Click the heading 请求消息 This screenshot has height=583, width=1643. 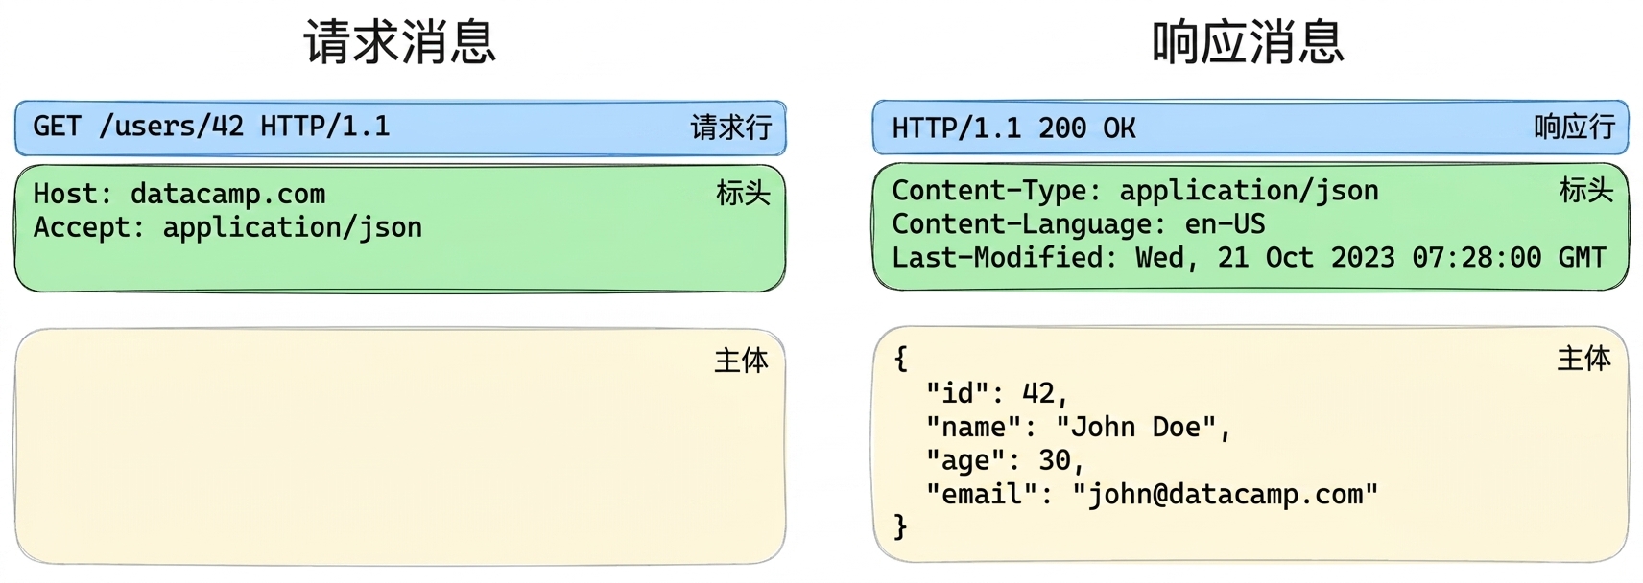(400, 42)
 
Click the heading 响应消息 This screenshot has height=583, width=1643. (1248, 42)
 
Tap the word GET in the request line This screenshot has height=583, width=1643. (57, 126)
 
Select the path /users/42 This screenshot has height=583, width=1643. (171, 126)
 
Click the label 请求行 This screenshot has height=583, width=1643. (730, 128)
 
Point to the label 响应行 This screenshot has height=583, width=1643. (1574, 127)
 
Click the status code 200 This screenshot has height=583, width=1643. (1062, 128)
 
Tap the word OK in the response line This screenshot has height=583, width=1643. (1119, 128)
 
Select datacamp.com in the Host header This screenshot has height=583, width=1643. (228, 194)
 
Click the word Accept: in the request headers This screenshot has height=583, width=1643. (88, 227)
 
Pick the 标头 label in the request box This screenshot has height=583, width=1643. (743, 194)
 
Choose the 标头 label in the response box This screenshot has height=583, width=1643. (1585, 191)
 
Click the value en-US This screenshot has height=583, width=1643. (1225, 224)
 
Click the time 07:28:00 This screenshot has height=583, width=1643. (1477, 258)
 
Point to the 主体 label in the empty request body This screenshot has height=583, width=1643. (742, 361)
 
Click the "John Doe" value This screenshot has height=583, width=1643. (1136, 427)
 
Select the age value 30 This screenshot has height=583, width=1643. (1055, 460)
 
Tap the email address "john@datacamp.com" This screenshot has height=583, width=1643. (1225, 495)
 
